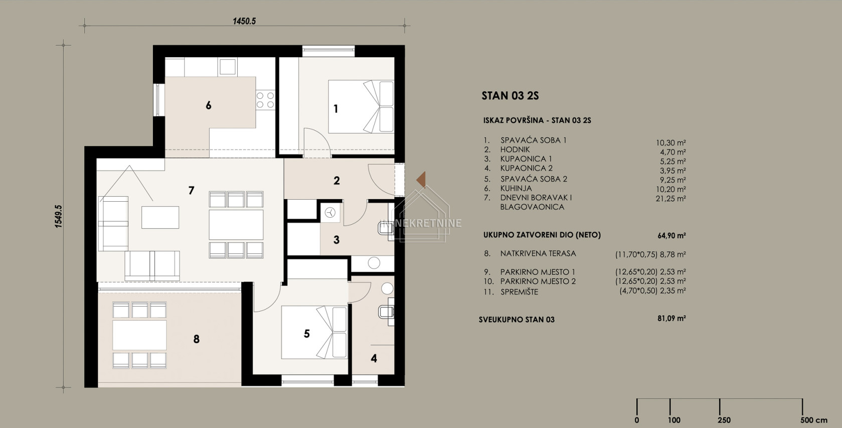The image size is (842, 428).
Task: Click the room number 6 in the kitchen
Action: (209, 105)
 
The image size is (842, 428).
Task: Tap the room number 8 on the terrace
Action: (196, 339)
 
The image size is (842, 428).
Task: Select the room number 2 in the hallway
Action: (336, 181)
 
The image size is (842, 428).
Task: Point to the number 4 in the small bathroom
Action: (374, 358)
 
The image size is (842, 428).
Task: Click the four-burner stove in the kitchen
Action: (265, 100)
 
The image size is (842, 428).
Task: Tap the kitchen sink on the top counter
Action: (227, 67)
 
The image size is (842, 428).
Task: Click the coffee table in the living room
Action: (160, 217)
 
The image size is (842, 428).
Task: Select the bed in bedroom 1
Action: (361, 106)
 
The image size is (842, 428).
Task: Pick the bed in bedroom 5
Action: (314, 332)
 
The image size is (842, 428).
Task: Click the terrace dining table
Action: (139, 335)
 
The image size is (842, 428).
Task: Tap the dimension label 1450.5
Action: (244, 21)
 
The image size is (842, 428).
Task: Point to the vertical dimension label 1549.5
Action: (58, 216)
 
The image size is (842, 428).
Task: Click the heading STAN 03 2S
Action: (510, 96)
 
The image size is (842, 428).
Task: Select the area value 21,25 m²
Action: (671, 199)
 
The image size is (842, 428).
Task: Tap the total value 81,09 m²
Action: (671, 318)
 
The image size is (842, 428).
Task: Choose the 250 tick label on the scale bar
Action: (724, 420)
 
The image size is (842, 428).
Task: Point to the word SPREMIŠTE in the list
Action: (519, 292)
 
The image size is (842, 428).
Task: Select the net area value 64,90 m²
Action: (671, 236)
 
